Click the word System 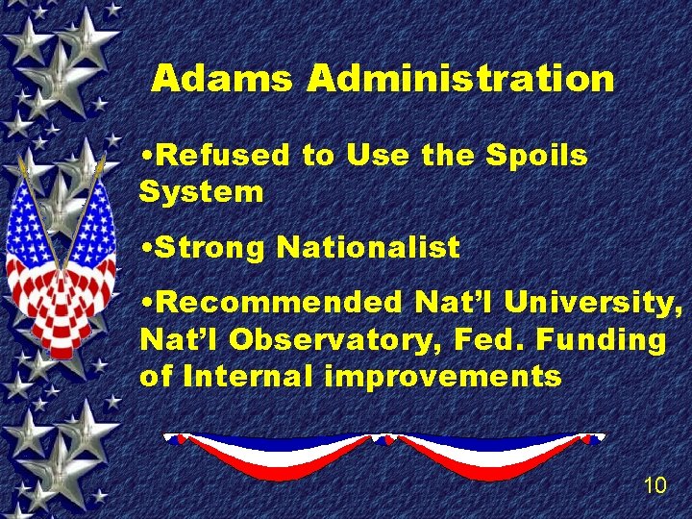201,191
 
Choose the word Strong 210,248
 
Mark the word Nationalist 368,248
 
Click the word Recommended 281,304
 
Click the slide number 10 655,485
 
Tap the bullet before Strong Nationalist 145,249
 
